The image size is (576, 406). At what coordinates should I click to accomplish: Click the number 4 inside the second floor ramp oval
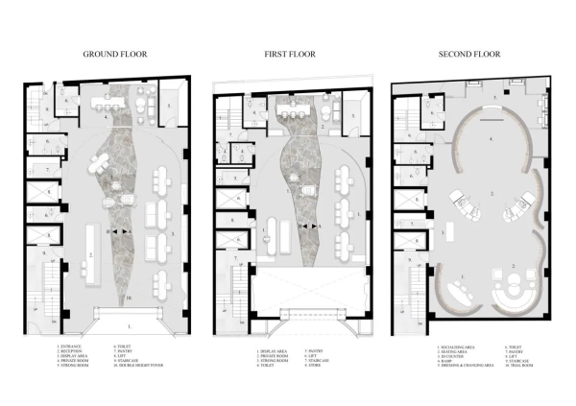click(x=492, y=140)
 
